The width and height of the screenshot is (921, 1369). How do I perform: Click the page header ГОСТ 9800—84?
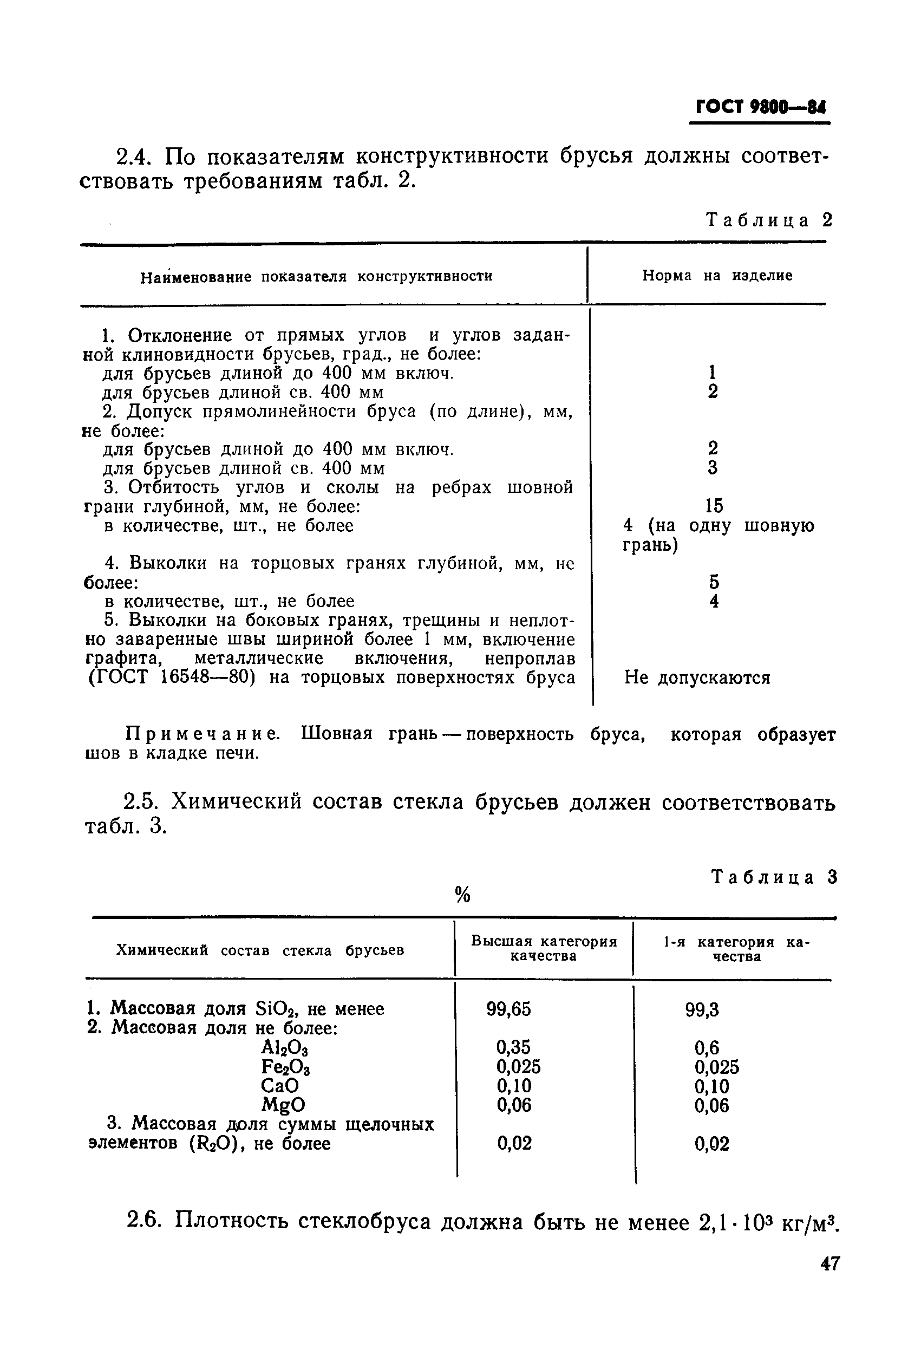(x=760, y=107)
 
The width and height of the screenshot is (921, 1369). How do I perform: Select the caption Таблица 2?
(x=769, y=220)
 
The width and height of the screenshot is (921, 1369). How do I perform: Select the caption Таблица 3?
(x=774, y=877)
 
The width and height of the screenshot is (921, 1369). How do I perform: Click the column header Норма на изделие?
(x=717, y=276)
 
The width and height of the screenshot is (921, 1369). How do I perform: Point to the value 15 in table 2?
(x=714, y=506)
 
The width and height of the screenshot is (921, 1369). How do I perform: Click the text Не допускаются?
(x=697, y=678)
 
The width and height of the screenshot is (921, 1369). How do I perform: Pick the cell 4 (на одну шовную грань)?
(x=718, y=535)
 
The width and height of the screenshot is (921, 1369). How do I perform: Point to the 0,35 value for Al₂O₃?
(x=513, y=1047)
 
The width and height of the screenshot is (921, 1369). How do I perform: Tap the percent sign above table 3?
(x=463, y=895)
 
